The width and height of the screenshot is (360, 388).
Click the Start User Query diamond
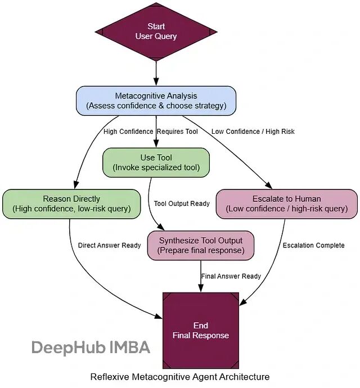click(x=156, y=31)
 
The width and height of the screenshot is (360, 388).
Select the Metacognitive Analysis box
click(x=156, y=100)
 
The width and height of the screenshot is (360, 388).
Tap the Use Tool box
click(x=156, y=162)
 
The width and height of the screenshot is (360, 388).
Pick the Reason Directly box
click(x=71, y=204)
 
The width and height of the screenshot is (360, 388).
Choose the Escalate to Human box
click(x=287, y=204)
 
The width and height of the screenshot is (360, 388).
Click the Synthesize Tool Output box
click(x=200, y=245)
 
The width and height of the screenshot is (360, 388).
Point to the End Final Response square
click(x=201, y=330)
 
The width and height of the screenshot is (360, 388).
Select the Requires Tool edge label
click(x=177, y=132)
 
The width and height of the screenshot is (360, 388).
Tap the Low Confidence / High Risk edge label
click(x=253, y=132)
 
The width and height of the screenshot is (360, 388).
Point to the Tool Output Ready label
click(x=182, y=204)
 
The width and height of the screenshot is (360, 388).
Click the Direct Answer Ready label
click(x=109, y=245)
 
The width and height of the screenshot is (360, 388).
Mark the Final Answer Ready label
click(x=231, y=276)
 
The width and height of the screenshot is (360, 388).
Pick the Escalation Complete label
click(x=313, y=245)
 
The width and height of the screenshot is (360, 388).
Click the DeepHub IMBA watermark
click(x=91, y=347)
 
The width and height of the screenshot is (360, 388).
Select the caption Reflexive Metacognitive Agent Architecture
click(x=180, y=377)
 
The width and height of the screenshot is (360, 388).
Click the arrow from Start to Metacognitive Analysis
click(x=156, y=72)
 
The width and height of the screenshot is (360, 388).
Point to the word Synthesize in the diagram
click(x=179, y=240)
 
